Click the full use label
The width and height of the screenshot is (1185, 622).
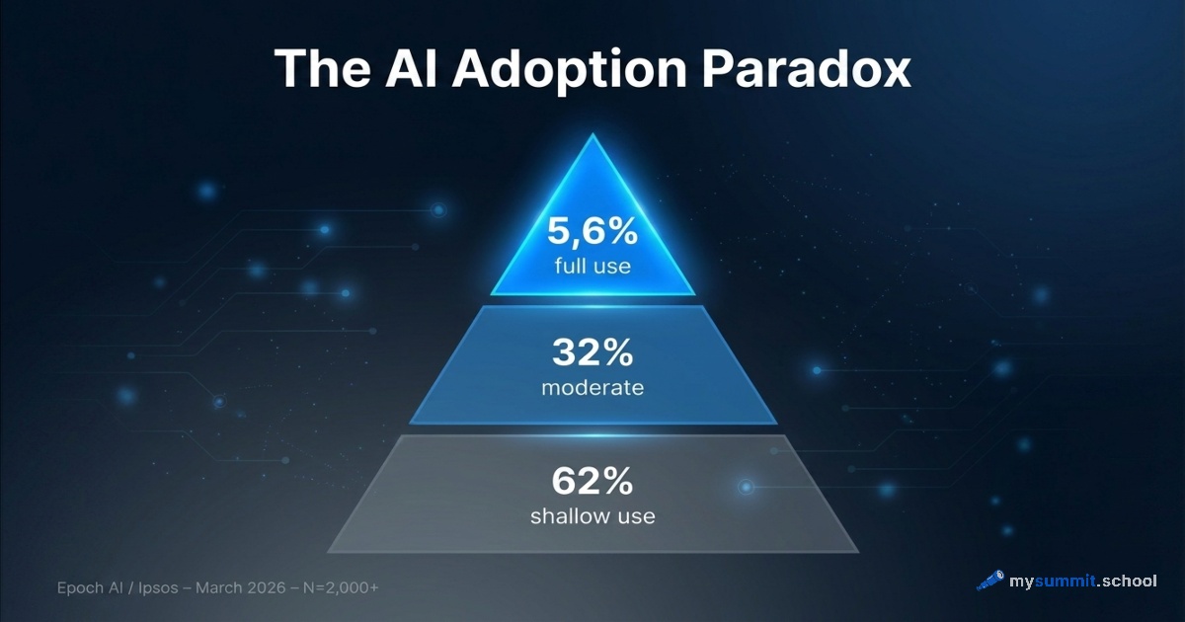coord(592,267)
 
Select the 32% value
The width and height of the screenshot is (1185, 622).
coord(592,353)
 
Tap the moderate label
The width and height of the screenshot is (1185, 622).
coord(592,387)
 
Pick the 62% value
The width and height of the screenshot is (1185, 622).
coord(592,483)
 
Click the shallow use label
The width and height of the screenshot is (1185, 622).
coord(592,515)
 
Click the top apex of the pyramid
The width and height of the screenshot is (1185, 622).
coord(592,135)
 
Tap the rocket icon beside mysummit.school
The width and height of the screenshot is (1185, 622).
coord(990,581)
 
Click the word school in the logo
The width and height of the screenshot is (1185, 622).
coord(1129,581)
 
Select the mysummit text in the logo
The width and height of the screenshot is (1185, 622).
coord(1052,581)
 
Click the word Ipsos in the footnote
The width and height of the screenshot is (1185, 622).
coord(158,587)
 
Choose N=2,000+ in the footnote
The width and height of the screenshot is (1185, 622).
coord(341,587)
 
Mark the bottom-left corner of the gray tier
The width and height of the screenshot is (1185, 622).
coord(328,551)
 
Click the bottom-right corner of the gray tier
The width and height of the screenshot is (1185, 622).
coord(857,551)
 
